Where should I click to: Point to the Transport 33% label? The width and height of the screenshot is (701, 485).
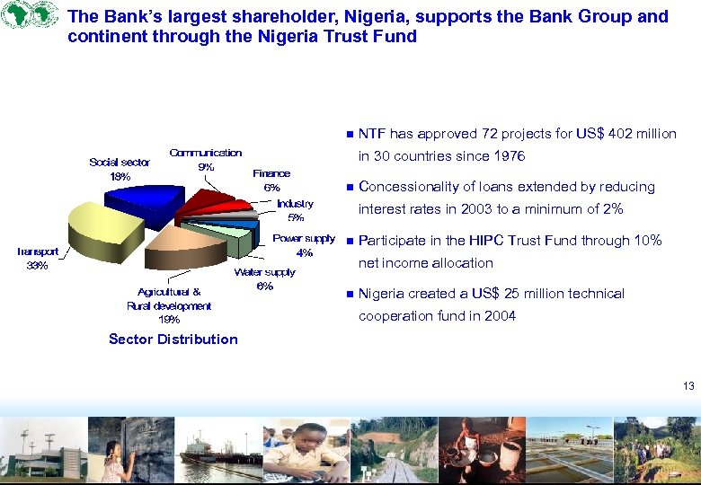pos(38,259)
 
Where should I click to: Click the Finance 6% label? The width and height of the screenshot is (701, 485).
pos(271,181)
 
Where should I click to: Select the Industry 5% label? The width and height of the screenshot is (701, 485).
pos(296,210)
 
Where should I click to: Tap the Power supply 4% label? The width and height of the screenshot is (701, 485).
pos(304,245)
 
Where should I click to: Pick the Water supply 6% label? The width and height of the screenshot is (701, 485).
pos(264,278)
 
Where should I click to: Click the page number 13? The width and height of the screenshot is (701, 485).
pos(688,386)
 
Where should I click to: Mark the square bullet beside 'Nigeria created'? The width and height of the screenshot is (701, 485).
pos(347,294)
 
